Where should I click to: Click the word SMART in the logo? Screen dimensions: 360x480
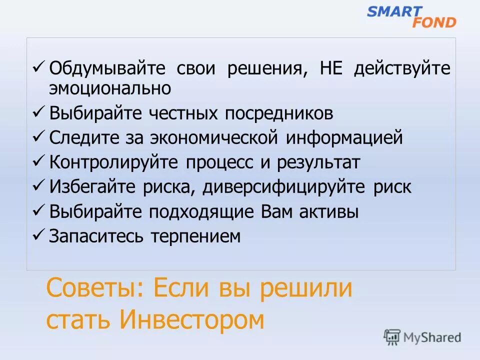pyautogui.click(x=394, y=11)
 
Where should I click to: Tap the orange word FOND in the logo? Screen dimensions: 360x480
pyautogui.click(x=434, y=22)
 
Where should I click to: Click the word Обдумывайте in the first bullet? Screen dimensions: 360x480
pyautogui.click(x=107, y=68)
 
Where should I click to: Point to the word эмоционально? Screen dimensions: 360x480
pyautogui.click(x=110, y=88)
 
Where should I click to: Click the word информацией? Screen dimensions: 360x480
pyautogui.click(x=344, y=137)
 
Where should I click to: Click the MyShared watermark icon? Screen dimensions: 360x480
pyautogui.click(x=392, y=336)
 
